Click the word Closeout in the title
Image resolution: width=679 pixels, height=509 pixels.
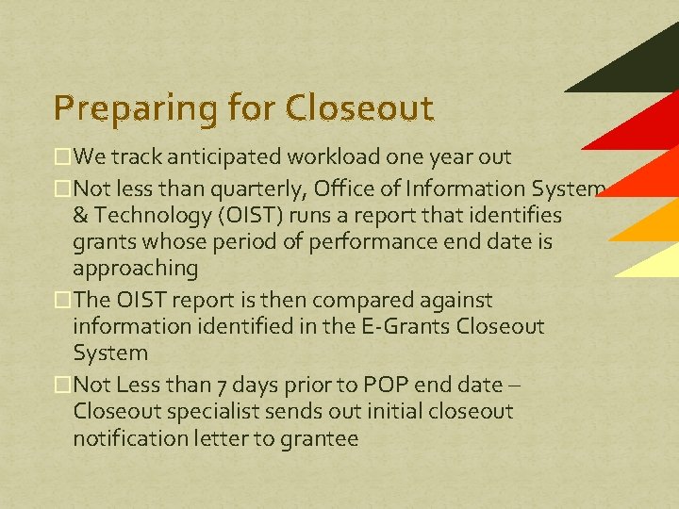(x=361, y=107)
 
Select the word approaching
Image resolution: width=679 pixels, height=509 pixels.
(x=135, y=269)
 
